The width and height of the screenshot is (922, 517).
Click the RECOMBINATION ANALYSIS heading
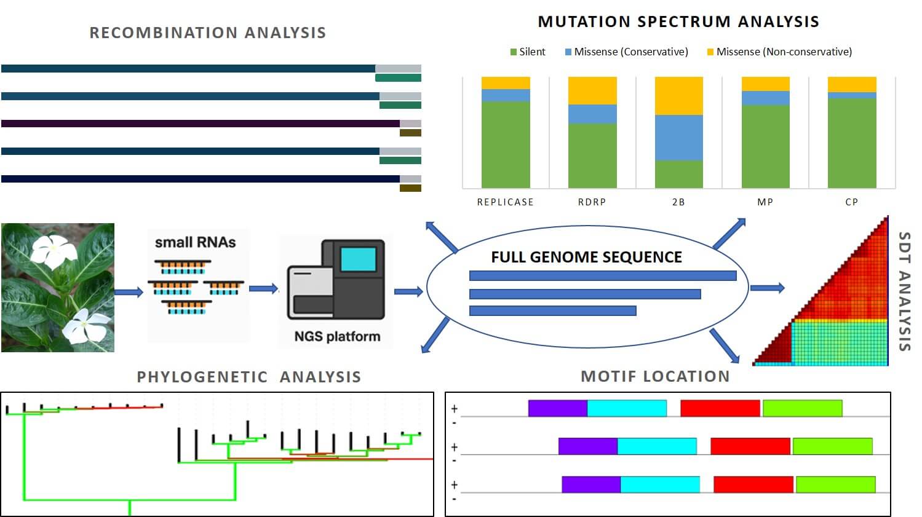point(208,33)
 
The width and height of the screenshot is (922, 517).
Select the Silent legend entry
point(528,52)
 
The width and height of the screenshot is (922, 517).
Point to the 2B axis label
point(678,202)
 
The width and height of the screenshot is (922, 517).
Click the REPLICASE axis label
point(505,202)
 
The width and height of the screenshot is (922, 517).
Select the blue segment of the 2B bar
point(678,138)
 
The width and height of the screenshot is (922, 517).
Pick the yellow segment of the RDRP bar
point(592,90)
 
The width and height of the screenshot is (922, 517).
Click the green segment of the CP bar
point(852,143)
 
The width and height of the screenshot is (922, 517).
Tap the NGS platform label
point(337,336)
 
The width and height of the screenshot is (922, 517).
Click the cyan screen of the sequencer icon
point(358,259)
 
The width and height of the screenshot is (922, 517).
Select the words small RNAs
point(195,242)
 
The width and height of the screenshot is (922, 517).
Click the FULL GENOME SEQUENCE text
point(586,257)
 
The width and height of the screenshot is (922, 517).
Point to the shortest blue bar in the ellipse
point(552,311)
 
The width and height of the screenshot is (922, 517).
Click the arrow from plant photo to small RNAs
point(129,292)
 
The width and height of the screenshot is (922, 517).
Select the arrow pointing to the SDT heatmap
point(767,288)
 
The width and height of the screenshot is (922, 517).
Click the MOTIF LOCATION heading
point(655,376)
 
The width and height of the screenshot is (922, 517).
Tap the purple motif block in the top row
point(557,408)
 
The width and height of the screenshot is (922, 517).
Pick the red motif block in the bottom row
point(753,484)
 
